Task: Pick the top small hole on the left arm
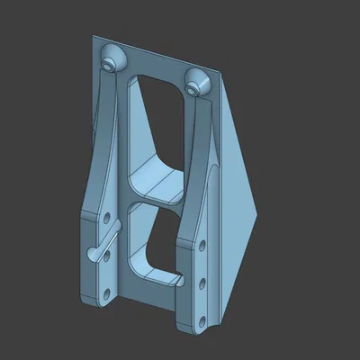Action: point(109,218)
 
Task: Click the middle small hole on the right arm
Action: point(202,283)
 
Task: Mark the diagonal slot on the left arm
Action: point(102,244)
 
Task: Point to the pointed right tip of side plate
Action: point(260,215)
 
